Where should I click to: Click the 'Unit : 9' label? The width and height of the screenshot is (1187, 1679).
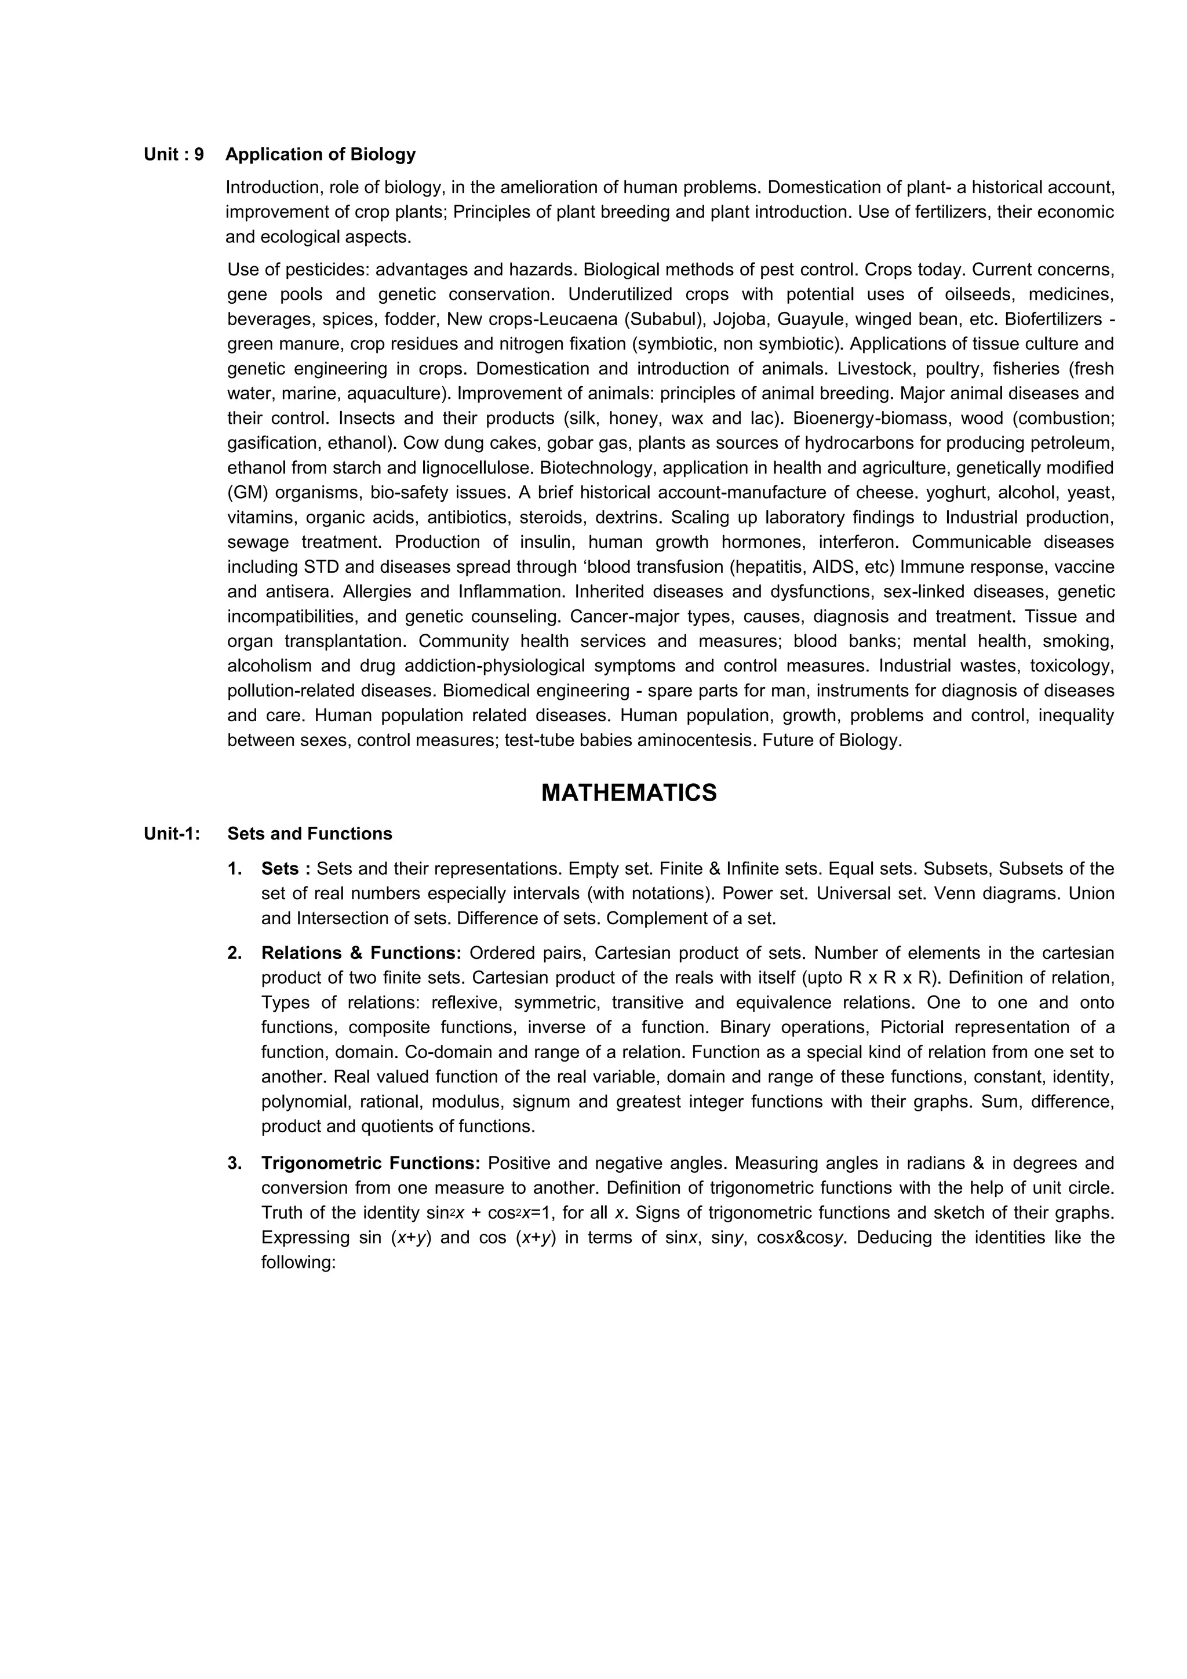click(174, 154)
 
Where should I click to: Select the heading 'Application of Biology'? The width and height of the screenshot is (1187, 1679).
click(320, 154)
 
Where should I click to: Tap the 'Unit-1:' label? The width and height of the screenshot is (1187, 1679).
click(172, 834)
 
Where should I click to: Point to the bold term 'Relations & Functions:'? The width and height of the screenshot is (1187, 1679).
click(361, 953)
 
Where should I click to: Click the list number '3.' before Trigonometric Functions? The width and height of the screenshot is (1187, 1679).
click(235, 1163)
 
